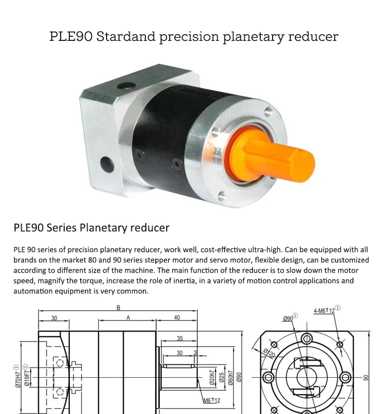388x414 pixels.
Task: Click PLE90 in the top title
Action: (71, 37)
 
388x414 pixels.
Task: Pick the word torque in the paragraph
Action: (91, 280)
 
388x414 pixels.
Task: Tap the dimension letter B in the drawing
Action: (118, 307)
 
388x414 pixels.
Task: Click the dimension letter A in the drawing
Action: (128, 317)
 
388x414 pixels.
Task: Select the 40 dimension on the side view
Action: (177, 317)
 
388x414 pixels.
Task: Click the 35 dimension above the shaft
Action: (180, 338)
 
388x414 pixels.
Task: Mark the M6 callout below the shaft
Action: (211, 401)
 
